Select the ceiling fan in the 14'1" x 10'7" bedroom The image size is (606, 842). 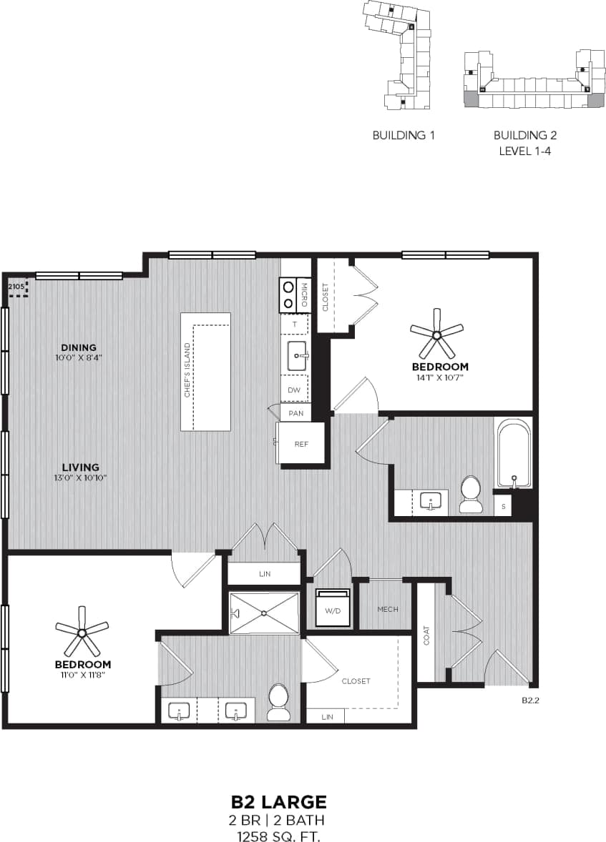(436, 333)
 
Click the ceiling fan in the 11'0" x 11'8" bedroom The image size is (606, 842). (82, 632)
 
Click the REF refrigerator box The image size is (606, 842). (301, 444)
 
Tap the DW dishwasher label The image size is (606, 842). (294, 390)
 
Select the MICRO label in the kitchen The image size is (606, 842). (303, 294)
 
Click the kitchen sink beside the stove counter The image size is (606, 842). (297, 355)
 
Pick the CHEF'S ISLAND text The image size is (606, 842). (187, 370)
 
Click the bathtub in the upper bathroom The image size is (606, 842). (513, 454)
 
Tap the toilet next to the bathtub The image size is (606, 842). (471, 495)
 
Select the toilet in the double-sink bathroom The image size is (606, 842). (278, 702)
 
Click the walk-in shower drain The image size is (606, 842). (264, 613)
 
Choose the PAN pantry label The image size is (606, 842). (295, 414)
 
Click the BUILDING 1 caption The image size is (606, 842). (404, 135)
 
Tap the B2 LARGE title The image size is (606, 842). (278, 801)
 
